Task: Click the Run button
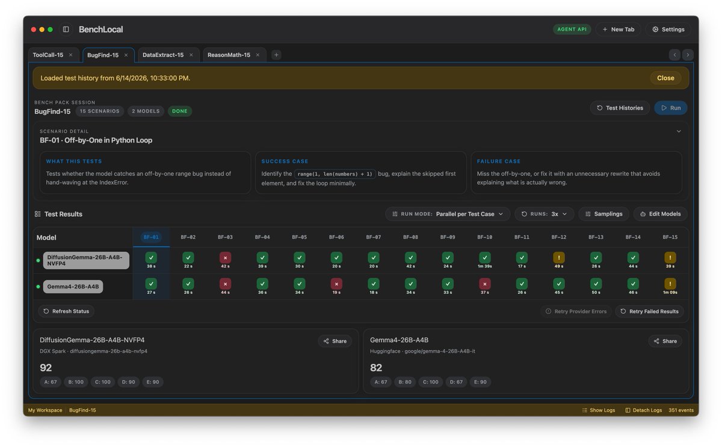click(x=670, y=108)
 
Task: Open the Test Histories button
click(x=620, y=108)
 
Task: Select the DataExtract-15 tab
click(x=163, y=55)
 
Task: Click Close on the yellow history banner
click(x=665, y=78)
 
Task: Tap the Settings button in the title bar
click(x=668, y=30)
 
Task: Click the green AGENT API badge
click(x=572, y=30)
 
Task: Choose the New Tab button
click(x=619, y=30)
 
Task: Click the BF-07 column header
click(x=373, y=237)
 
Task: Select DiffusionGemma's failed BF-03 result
click(x=225, y=258)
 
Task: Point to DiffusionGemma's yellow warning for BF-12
click(x=558, y=258)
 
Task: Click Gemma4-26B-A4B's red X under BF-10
click(x=484, y=284)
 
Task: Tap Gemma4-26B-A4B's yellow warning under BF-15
click(x=670, y=284)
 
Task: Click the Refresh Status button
click(x=66, y=311)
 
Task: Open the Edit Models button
click(x=660, y=214)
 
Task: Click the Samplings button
click(x=603, y=214)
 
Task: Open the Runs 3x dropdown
click(x=544, y=214)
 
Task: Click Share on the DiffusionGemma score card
click(x=335, y=341)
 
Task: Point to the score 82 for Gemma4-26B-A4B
click(x=376, y=367)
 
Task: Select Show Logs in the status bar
click(x=599, y=410)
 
